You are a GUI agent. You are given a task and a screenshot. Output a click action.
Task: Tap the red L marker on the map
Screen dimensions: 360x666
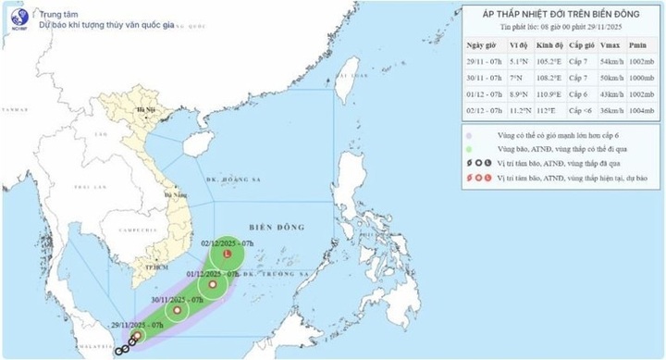[228, 253]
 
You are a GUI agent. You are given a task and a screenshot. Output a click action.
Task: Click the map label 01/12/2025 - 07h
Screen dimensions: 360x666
[213, 274]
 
